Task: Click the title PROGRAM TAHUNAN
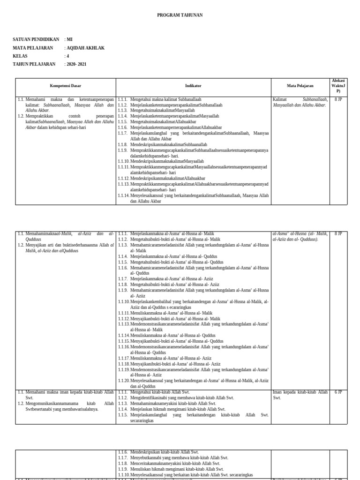(180, 15)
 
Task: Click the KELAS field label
(20, 56)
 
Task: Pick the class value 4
(67, 56)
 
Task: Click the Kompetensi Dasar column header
(66, 86)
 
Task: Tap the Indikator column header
(193, 86)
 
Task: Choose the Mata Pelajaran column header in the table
(300, 86)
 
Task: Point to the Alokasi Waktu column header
(338, 86)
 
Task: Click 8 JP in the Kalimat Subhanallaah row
(338, 100)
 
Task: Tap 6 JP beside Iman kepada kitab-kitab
(338, 392)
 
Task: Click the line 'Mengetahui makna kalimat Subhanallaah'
(165, 100)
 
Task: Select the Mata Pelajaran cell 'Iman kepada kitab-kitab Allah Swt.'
(300, 395)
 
